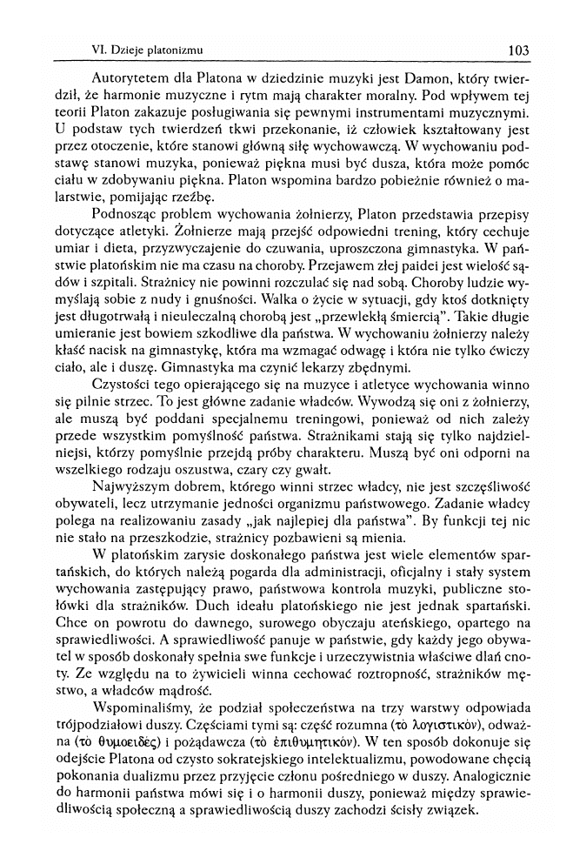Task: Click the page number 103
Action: pyautogui.click(x=518, y=50)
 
